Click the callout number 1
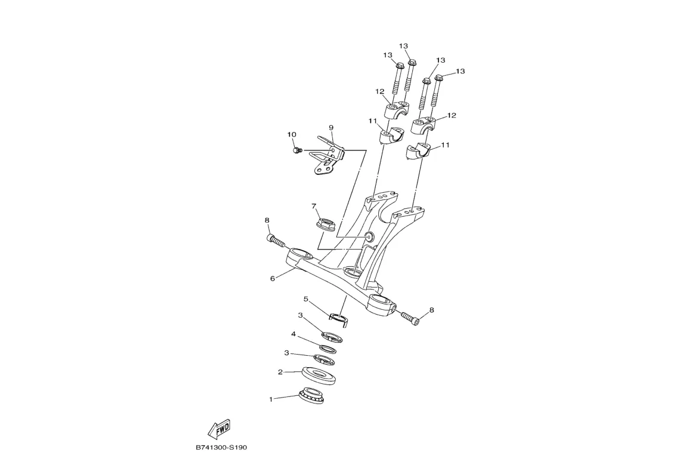click(x=270, y=399)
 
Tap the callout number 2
click(x=280, y=372)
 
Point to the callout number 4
click(x=293, y=334)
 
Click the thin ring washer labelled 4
click(x=327, y=348)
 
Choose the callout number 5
click(x=305, y=298)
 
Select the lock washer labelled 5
click(x=339, y=316)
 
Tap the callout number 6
click(x=273, y=278)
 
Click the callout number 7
click(x=313, y=207)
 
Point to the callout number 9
click(x=330, y=128)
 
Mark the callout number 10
click(x=292, y=135)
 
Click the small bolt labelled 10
click(x=298, y=150)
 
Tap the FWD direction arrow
click(x=219, y=428)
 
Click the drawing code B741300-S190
click(x=221, y=448)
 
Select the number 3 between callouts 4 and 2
click(x=286, y=353)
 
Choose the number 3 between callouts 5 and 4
click(x=301, y=315)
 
